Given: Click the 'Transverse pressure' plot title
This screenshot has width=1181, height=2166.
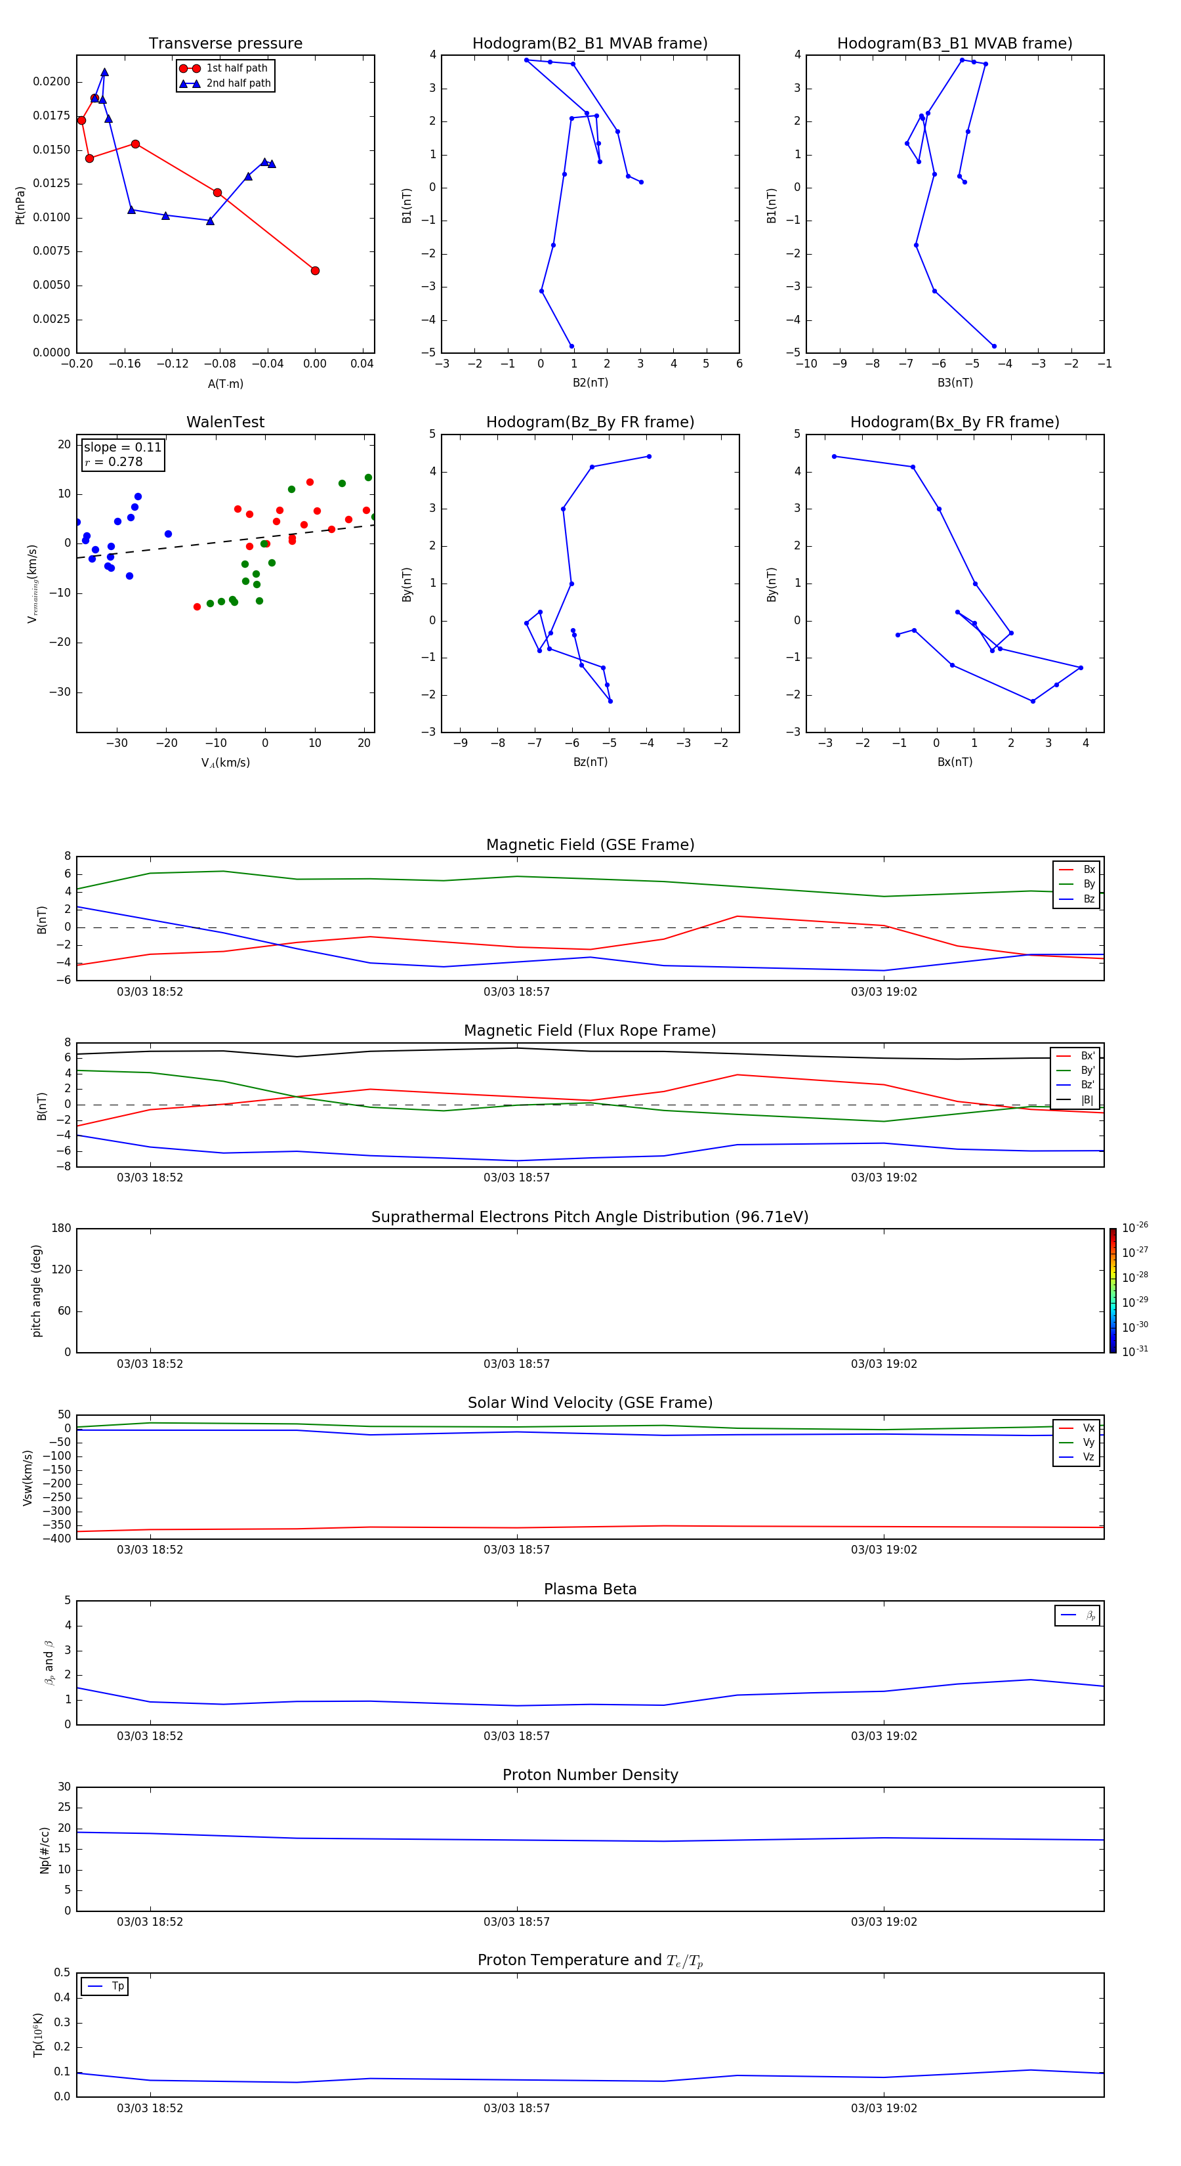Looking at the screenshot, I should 225,44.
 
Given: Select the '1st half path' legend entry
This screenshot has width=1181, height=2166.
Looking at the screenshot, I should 236,68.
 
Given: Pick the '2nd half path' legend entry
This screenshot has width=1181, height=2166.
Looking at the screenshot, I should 238,83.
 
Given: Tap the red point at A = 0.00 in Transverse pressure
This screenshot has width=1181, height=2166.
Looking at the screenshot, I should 315,270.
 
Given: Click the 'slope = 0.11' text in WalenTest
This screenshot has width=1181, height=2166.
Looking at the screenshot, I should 122,448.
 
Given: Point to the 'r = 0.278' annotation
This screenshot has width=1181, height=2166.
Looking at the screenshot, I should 114,461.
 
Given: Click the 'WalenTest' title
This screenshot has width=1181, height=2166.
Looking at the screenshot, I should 225,422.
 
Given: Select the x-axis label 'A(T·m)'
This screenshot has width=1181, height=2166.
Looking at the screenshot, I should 225,383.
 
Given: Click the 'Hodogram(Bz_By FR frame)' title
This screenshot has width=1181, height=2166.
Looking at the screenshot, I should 590,422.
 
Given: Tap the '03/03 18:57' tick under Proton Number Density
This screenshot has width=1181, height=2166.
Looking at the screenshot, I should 516,1921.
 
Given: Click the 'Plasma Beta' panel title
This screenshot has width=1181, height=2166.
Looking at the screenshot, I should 590,1589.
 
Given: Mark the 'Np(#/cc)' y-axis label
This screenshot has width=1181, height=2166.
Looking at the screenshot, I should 45,1849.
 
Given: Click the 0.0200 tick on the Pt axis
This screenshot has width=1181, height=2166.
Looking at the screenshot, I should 52,81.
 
